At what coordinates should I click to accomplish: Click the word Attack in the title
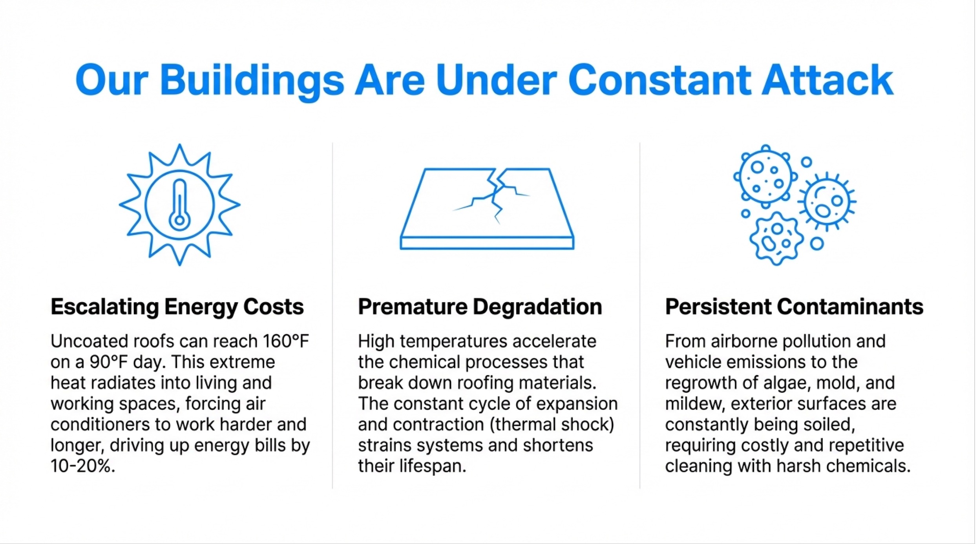click(x=827, y=80)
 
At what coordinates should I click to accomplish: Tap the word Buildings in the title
click(x=252, y=82)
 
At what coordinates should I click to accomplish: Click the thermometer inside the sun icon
click(x=179, y=204)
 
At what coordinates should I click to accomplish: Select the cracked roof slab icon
click(x=487, y=209)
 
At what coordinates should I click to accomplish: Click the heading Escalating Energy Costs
click(x=177, y=307)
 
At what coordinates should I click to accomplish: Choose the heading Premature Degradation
click(x=480, y=307)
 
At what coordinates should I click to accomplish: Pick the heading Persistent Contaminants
click(x=794, y=307)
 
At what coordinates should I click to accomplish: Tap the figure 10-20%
click(x=83, y=466)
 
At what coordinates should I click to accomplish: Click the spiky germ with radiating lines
click(x=826, y=201)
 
